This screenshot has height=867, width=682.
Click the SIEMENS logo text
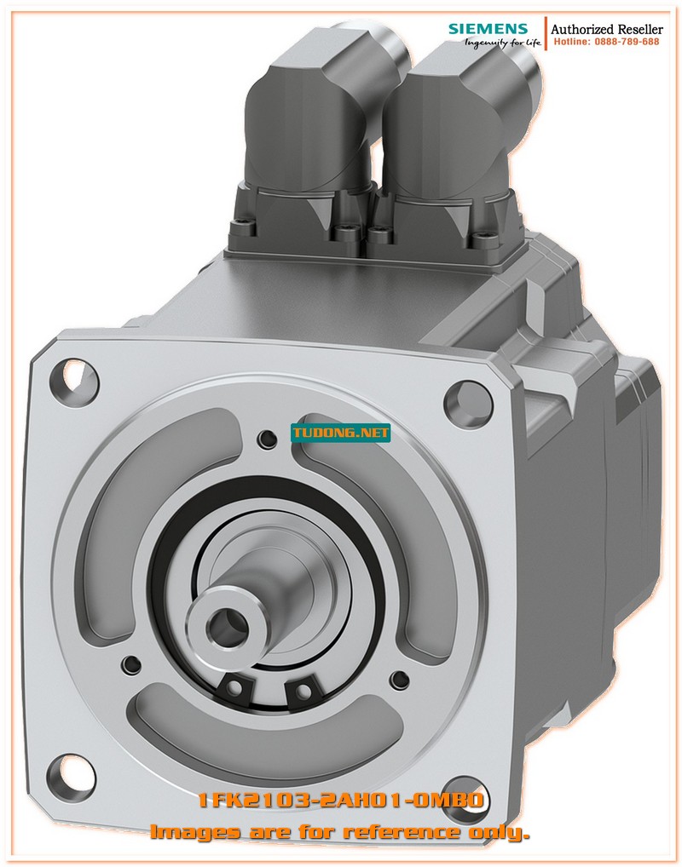point(488,29)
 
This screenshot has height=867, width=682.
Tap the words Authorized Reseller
point(607,29)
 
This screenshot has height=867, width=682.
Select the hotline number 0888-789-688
point(606,42)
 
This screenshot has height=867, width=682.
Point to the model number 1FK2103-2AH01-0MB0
point(341,801)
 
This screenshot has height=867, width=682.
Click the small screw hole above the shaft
point(268,439)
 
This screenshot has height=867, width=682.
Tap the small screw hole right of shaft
point(397,679)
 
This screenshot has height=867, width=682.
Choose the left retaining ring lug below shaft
point(233,685)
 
